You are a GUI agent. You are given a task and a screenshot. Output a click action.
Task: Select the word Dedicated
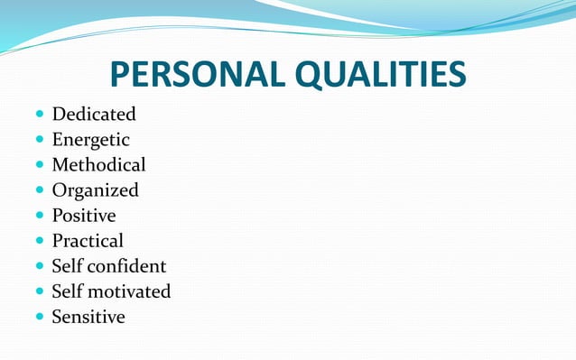94,115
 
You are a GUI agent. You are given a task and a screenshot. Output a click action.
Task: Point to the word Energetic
90,140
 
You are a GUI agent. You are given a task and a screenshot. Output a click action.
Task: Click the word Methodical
98,165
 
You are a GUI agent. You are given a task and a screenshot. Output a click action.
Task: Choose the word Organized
95,190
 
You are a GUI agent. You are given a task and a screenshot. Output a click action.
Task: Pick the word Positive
84,216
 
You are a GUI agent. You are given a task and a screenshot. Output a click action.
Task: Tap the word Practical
88,241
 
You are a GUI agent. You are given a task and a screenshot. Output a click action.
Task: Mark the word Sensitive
88,317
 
